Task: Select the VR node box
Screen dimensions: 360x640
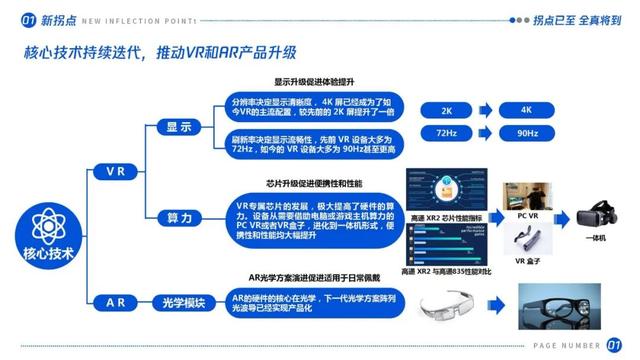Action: tap(116, 172)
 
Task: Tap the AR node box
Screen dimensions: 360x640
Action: tap(116, 302)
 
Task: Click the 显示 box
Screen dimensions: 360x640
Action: tap(179, 127)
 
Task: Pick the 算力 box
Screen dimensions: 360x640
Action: tap(179, 218)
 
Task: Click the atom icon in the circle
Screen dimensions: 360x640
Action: tap(48, 222)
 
